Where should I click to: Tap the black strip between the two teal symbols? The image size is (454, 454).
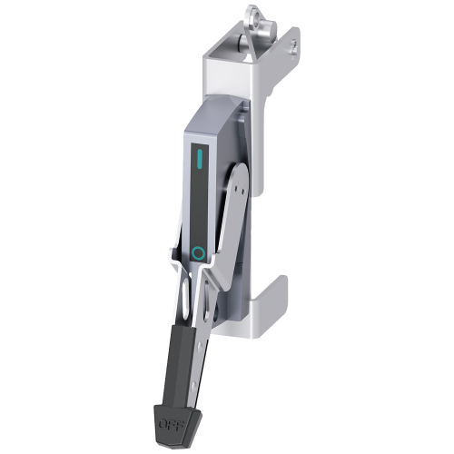(200, 209)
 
